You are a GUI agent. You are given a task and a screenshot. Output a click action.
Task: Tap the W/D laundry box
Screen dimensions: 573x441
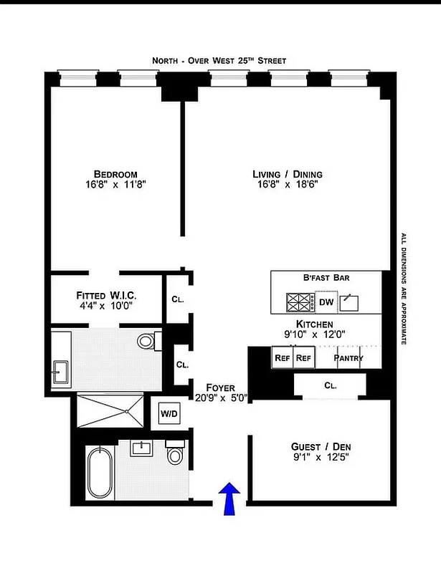coord(169,413)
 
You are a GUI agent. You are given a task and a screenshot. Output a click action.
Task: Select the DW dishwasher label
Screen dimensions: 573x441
coord(326,302)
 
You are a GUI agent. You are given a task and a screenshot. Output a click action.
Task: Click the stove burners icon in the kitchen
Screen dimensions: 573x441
coord(300,302)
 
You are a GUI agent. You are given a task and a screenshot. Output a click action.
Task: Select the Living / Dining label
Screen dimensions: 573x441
coord(287,174)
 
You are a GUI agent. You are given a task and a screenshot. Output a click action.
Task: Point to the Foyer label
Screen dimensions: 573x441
coord(221,387)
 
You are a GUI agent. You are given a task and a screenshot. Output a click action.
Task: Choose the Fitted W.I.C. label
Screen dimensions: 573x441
coord(106,294)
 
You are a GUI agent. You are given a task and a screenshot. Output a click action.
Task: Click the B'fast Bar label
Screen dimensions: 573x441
coord(326,278)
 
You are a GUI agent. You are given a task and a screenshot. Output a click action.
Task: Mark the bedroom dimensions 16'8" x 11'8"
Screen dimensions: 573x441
coord(115,185)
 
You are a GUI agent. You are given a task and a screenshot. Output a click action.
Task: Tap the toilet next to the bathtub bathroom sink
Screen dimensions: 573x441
coord(175,455)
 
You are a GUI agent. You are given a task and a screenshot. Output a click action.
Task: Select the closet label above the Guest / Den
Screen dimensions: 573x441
coord(330,385)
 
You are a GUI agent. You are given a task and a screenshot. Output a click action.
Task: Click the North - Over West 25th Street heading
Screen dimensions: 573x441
coord(219,61)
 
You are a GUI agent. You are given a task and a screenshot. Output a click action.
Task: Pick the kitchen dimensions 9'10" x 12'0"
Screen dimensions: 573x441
coord(316,334)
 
